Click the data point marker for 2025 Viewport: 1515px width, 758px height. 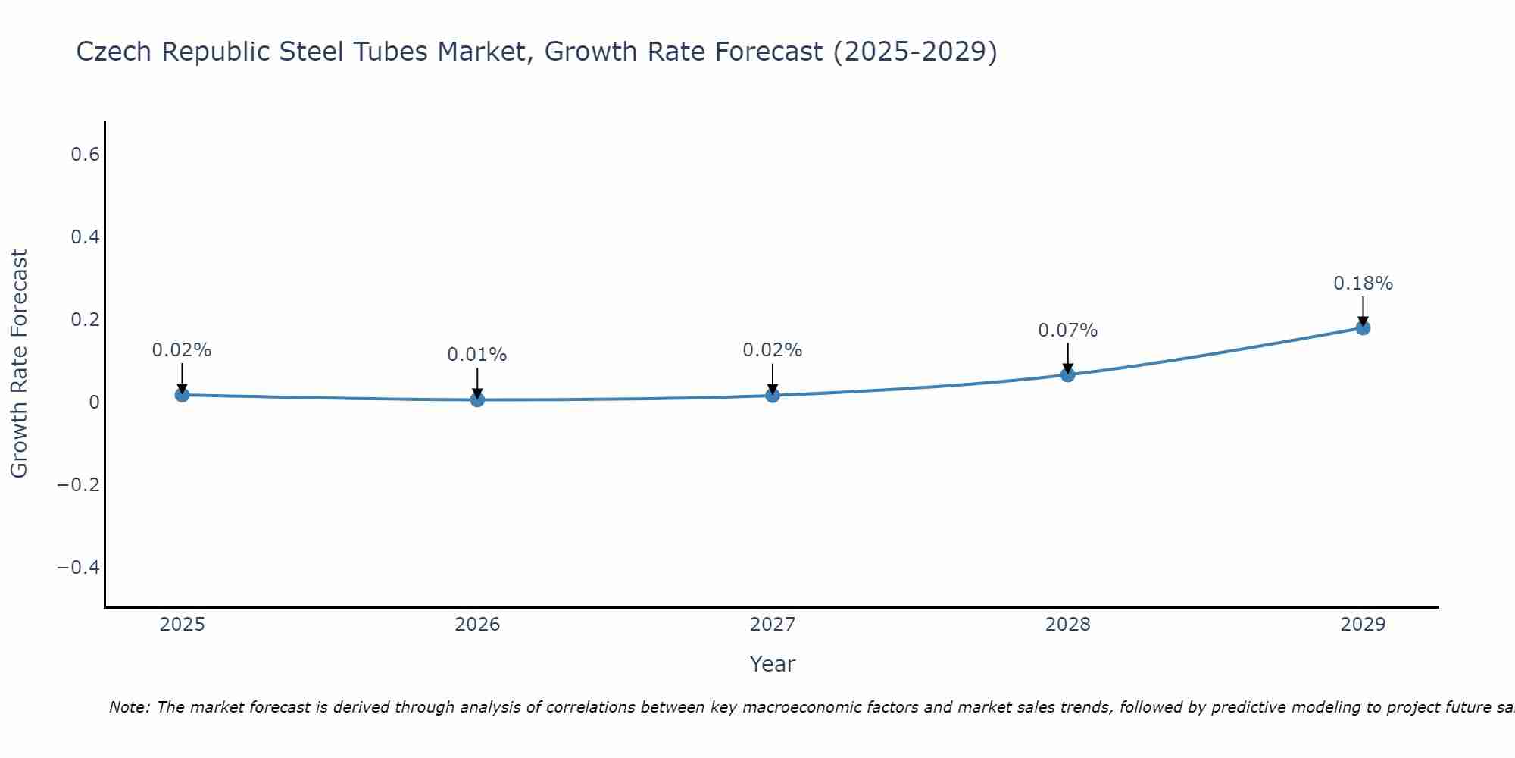[182, 395]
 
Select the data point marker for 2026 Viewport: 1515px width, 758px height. [477, 399]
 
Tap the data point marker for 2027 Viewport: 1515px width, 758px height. [773, 395]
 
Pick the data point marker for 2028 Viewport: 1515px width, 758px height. [1067, 374]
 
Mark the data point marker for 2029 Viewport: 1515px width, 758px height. [1363, 327]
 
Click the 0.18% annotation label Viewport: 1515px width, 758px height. [1363, 283]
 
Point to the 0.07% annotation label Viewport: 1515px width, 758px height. [1067, 330]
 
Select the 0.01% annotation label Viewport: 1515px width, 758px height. [477, 355]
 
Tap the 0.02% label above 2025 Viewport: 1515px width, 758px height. [182, 350]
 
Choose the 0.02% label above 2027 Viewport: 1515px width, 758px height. [773, 350]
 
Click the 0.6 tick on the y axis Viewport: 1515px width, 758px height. [85, 155]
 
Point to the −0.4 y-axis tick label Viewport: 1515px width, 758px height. [78, 568]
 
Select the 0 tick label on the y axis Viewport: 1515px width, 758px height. [94, 402]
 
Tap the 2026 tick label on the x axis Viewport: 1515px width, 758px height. [477, 625]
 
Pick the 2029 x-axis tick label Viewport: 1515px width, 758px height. [1363, 625]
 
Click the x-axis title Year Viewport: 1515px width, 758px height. [772, 665]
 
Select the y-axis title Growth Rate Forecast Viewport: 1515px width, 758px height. [19, 364]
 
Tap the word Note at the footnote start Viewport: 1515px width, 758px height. [130, 708]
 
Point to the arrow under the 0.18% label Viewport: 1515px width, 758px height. [1363, 310]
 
